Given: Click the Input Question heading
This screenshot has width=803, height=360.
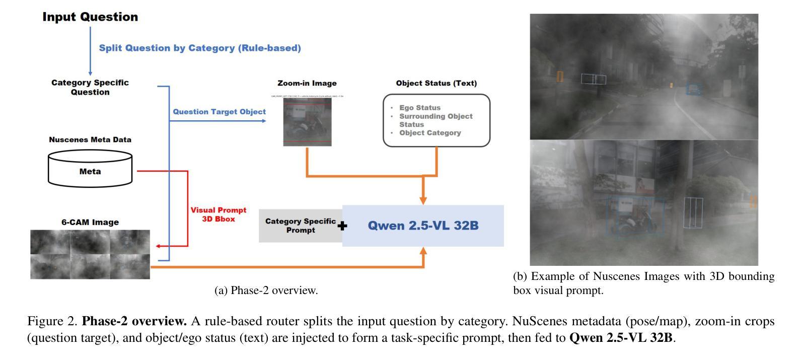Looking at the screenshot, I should pyautogui.click(x=90, y=17).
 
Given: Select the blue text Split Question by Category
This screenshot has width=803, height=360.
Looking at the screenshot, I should pyautogui.click(x=199, y=48).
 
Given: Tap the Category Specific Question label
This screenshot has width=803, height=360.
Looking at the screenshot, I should pyautogui.click(x=90, y=87).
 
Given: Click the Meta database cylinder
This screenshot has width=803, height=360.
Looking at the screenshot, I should pyautogui.click(x=90, y=169).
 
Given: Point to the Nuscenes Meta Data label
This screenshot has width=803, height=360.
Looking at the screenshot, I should pyautogui.click(x=90, y=140).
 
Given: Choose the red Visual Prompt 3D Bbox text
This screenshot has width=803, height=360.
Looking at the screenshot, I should pyautogui.click(x=218, y=214).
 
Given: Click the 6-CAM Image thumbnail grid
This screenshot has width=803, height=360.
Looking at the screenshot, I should pyautogui.click(x=90, y=254).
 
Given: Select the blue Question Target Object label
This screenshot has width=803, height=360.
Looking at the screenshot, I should pyautogui.click(x=219, y=112).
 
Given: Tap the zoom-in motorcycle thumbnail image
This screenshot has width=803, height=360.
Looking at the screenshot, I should pyautogui.click(x=307, y=122).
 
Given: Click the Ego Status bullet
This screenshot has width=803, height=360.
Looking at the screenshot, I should pyautogui.click(x=419, y=108).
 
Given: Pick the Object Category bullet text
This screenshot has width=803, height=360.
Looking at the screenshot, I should pyautogui.click(x=430, y=133).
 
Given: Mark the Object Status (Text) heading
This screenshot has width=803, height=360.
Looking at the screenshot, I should pyautogui.click(x=436, y=84).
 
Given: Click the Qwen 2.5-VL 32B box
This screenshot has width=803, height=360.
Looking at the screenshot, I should pyautogui.click(x=423, y=226).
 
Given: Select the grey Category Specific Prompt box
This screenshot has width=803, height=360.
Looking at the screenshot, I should pyautogui.click(x=300, y=226).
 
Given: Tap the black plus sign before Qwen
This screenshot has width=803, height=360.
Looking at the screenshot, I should pyautogui.click(x=342, y=226).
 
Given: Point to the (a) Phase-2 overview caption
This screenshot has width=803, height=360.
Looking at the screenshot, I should pyautogui.click(x=266, y=291).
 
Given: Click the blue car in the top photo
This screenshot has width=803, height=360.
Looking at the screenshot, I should pyautogui.click(x=693, y=90).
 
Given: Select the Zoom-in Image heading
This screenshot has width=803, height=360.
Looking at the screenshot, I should pyautogui.click(x=307, y=84).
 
